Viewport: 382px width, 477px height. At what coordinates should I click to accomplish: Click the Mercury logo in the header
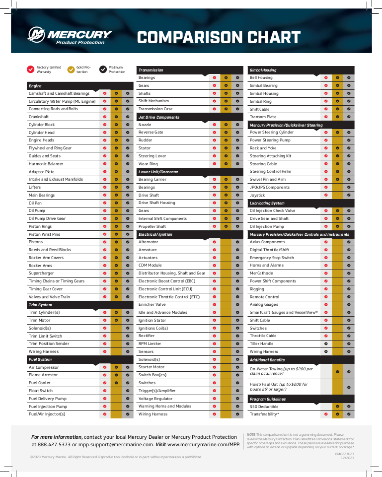point(70,35)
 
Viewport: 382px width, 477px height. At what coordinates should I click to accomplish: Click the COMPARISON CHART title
point(219,38)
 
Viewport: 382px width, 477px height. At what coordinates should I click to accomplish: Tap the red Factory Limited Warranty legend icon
point(31,69)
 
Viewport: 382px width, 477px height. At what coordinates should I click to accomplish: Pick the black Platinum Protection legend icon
point(103,69)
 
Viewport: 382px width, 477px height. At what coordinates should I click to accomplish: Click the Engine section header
point(35,86)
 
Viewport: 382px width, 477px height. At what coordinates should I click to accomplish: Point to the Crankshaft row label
point(39,117)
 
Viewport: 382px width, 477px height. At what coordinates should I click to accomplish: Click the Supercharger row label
point(41,273)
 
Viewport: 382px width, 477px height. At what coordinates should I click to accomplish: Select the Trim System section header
point(40,305)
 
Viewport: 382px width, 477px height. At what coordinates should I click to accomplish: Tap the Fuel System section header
point(40,359)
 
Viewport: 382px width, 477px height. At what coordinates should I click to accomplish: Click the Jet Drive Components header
point(159,117)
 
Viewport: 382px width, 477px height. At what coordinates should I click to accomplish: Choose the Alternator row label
point(148,242)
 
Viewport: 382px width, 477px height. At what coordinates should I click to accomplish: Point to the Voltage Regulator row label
point(155,399)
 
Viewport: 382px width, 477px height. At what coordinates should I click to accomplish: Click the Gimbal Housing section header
point(263,70)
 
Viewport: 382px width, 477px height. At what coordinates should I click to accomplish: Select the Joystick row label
point(257,195)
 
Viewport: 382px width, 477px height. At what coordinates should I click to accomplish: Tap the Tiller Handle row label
point(261,343)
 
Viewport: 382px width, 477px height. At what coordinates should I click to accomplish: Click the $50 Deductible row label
point(264,407)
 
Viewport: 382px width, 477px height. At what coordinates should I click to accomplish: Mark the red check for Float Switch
point(105,391)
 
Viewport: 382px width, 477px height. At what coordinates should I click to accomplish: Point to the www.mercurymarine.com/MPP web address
point(204,445)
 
